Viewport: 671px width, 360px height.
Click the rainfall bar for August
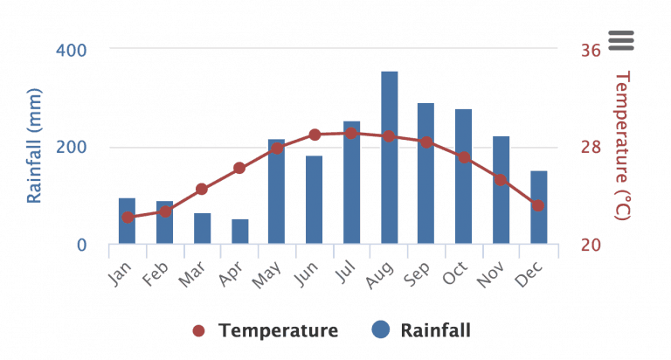coord(389,157)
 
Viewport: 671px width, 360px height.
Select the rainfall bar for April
coord(239,232)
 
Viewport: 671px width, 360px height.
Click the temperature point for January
coord(128,217)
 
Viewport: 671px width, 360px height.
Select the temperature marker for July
coord(351,133)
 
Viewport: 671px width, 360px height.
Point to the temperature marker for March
coord(202,189)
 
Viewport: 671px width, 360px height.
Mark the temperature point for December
coord(538,205)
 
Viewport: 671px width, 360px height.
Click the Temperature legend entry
coord(266,330)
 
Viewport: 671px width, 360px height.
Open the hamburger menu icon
coord(620,39)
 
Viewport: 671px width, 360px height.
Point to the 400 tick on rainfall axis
coord(71,50)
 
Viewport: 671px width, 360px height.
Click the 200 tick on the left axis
coord(71,147)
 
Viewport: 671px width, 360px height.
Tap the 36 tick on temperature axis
coord(591,50)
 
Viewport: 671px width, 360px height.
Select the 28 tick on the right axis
coord(591,147)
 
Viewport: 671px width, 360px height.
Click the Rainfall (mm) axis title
coord(35,145)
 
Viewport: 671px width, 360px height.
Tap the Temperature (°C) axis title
coord(622,145)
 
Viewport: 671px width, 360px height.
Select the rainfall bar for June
coord(314,200)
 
